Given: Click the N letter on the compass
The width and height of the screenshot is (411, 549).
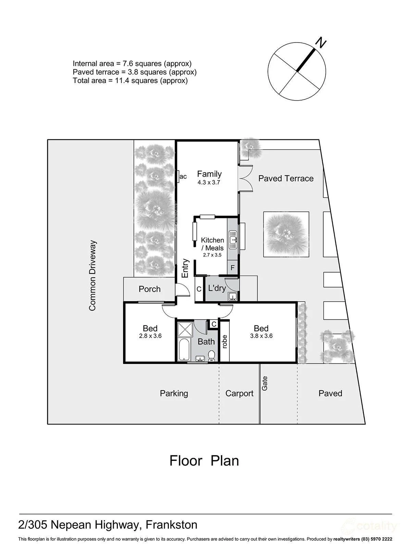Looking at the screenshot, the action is (321, 43).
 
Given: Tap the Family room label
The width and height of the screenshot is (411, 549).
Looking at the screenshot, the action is (209, 174).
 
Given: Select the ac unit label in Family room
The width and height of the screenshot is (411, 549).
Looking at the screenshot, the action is (183, 177).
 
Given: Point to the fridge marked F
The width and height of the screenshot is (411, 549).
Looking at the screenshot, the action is (232, 268).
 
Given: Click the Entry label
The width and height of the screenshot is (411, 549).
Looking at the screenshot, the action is (185, 268).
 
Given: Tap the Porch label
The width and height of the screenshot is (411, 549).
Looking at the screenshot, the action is (149, 289).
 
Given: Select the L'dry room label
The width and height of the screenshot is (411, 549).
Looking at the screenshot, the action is (217, 288).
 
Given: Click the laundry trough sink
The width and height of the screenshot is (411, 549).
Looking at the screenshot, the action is (233, 297).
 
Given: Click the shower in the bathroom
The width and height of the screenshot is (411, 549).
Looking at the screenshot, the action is (185, 329).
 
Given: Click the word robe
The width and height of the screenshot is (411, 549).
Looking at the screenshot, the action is (224, 342).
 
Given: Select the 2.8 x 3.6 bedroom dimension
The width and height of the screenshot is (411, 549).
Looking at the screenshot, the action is (150, 336).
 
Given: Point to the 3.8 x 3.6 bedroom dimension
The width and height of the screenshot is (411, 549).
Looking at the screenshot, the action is (261, 336).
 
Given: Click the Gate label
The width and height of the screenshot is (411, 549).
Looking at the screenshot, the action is (265, 383).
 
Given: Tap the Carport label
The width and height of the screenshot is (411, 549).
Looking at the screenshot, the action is (239, 394).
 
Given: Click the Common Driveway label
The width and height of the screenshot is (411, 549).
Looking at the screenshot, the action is (92, 276).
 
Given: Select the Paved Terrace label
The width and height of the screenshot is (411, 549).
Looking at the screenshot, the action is (286, 178).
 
